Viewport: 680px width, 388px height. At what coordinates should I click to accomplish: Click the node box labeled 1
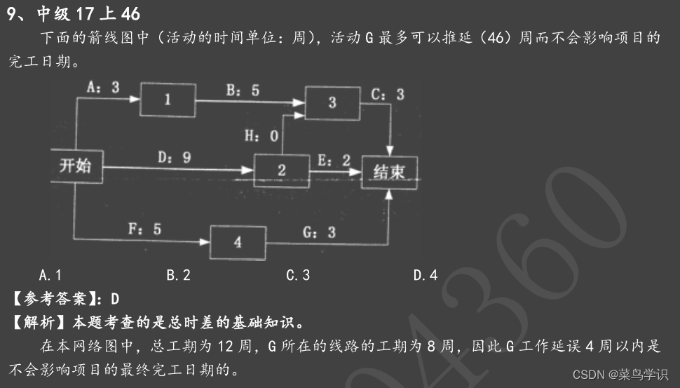point(167,100)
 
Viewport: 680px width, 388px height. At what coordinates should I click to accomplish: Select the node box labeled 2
point(281,170)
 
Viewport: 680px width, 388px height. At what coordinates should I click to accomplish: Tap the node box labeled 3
point(332,102)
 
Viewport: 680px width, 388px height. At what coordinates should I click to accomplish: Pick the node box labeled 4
point(238,243)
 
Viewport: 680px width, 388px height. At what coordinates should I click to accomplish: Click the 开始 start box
point(76,166)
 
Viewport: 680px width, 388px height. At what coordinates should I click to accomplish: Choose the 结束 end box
point(389,172)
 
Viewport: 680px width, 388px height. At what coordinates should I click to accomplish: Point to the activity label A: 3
point(102,86)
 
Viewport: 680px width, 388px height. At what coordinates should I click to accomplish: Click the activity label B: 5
point(242,91)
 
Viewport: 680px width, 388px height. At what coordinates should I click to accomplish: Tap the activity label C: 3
point(388,94)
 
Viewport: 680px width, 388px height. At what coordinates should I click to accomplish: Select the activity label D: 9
point(174,158)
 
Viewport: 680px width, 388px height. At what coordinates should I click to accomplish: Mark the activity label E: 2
point(334,160)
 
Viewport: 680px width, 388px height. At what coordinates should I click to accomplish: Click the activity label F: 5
point(144,229)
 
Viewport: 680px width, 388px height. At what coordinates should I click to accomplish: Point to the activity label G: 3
point(318,232)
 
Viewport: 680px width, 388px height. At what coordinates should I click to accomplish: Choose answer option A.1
point(50,275)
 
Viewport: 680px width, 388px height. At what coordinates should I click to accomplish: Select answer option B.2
point(178,275)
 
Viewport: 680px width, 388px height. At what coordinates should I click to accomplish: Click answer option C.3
point(298,275)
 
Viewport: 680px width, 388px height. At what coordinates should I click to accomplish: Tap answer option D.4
point(425,275)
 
